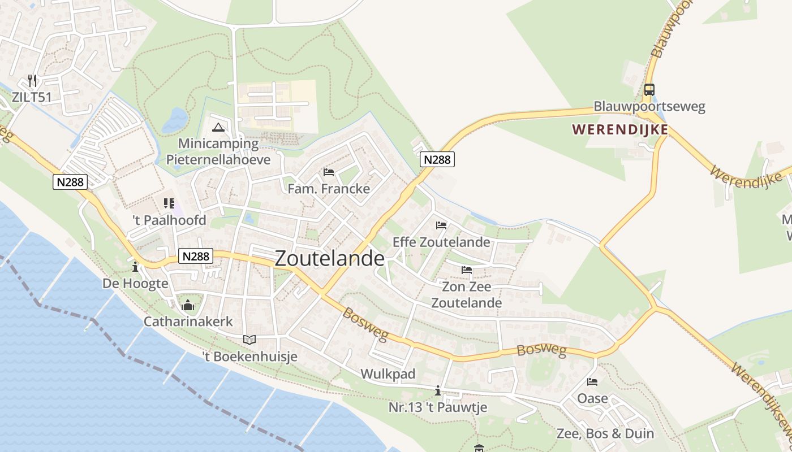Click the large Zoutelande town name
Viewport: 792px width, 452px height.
click(x=329, y=258)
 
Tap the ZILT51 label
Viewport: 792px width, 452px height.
click(x=32, y=97)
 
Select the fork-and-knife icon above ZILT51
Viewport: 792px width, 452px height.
click(x=32, y=81)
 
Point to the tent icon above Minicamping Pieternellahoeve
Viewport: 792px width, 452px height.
click(x=218, y=127)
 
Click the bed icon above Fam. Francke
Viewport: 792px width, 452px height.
click(x=328, y=172)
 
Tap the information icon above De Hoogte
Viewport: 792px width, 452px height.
click(x=135, y=267)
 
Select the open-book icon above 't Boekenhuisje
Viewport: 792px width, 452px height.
click(x=249, y=340)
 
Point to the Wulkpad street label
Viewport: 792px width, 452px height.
click(x=388, y=374)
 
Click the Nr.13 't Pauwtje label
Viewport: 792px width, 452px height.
click(x=437, y=407)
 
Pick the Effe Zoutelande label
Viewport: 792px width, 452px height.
click(x=441, y=242)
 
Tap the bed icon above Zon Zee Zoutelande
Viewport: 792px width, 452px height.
click(x=466, y=270)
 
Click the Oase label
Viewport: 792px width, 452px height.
click(x=592, y=398)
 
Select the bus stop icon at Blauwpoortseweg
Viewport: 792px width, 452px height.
click(x=649, y=90)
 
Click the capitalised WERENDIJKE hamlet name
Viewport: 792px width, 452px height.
click(x=620, y=129)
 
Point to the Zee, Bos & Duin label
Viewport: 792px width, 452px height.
click(x=605, y=434)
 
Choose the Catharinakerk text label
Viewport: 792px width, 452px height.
click(x=188, y=321)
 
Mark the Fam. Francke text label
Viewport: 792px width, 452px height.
click(x=329, y=189)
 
